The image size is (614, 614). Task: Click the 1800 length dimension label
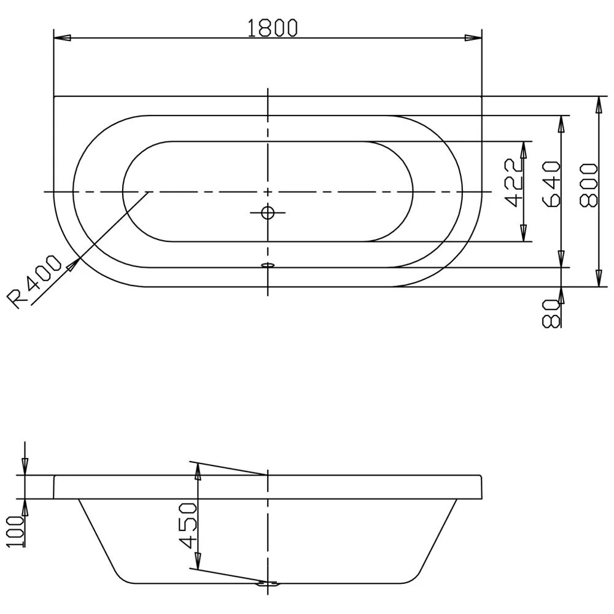click(273, 28)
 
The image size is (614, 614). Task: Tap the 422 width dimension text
click(514, 182)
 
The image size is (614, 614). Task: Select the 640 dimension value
click(551, 184)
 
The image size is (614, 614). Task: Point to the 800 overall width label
click(589, 185)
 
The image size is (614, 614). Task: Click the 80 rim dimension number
click(550, 313)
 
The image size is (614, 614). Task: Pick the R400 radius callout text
click(34, 281)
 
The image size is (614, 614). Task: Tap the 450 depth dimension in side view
click(187, 526)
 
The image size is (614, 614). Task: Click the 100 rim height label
click(16, 531)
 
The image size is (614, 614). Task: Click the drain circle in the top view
click(268, 212)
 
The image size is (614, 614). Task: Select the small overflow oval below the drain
click(268, 265)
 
